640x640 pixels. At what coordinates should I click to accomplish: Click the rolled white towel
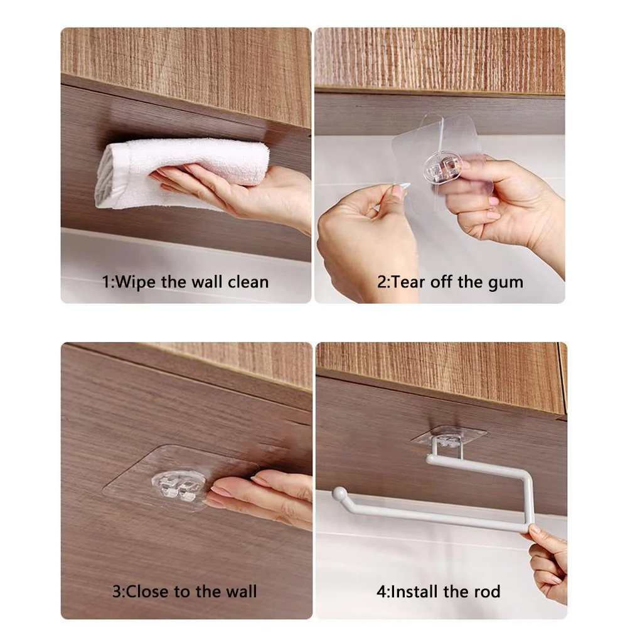pyautogui.click(x=182, y=169)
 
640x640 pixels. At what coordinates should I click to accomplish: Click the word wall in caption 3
pyautogui.click(x=238, y=591)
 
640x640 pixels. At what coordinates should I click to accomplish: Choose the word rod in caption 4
pyautogui.click(x=487, y=591)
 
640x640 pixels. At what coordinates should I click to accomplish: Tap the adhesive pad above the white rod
pyautogui.click(x=449, y=435)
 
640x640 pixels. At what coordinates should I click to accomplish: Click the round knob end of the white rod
pyautogui.click(x=339, y=495)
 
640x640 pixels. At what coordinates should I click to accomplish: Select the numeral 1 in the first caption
pyautogui.click(x=105, y=282)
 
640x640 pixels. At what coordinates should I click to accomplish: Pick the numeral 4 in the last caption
pyautogui.click(x=380, y=592)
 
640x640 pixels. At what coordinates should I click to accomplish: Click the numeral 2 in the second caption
pyautogui.click(x=381, y=282)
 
